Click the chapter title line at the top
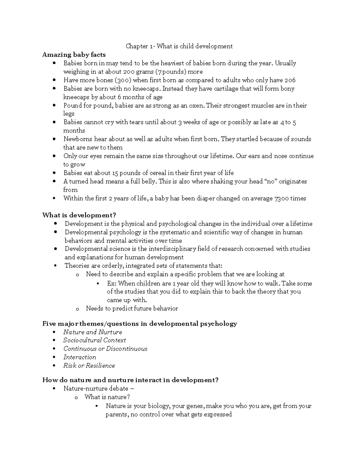pos(179,46)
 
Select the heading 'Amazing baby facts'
pos(74,55)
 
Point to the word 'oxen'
pos(196,105)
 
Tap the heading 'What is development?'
pos(79,215)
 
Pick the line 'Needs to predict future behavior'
pos(132,308)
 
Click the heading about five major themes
pos(139,323)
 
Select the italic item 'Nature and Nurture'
pos(93,332)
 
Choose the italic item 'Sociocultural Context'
pos(94,340)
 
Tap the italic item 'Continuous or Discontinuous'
pos(105,349)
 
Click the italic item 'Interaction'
pos(79,357)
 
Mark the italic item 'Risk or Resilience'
pos(89,365)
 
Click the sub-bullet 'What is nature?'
pos(107,397)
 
